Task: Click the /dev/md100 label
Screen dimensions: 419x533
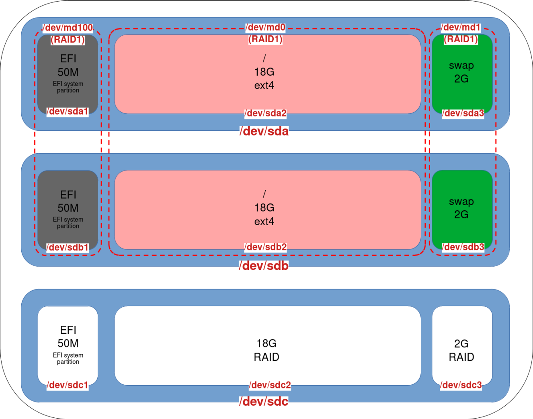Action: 68,28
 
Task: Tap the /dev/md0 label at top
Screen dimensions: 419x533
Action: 266,27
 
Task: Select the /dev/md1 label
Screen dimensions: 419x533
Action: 461,27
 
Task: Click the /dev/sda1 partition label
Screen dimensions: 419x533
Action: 68,111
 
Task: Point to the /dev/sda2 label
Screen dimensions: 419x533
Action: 266,113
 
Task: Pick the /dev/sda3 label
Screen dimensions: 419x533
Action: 463,113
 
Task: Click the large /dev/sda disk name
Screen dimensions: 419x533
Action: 264,131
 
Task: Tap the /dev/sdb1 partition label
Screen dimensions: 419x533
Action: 68,247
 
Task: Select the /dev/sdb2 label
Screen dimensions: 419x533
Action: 266,247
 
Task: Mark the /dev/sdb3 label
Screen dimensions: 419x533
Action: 463,247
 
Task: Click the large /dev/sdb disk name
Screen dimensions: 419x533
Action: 264,266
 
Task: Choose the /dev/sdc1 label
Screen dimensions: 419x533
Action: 68,385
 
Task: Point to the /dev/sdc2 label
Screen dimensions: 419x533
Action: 270,385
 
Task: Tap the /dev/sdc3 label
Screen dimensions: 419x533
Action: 461,385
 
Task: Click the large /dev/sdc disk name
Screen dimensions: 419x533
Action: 264,401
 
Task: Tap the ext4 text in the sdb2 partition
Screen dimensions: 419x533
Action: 264,222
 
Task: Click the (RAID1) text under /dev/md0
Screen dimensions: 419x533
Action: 266,39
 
